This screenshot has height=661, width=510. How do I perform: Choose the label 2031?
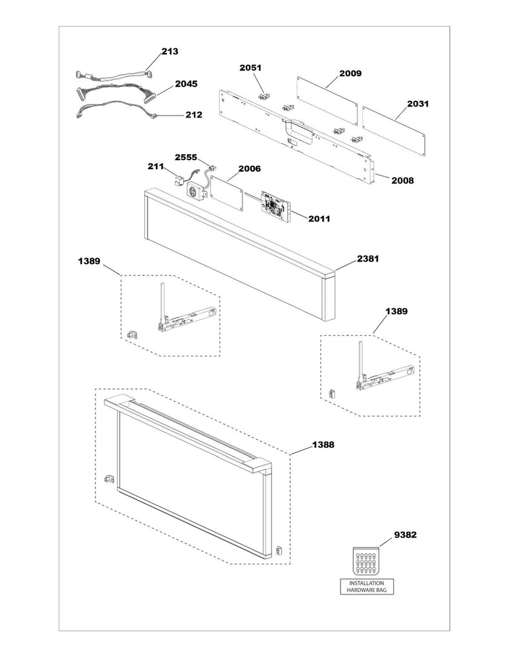pos(418,103)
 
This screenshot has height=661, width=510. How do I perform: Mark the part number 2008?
pos(402,181)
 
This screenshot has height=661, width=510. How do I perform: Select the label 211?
pos(156,167)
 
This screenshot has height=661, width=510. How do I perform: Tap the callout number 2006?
pos(249,168)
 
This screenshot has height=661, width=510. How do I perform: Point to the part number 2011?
pos(319,219)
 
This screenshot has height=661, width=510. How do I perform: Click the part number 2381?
pos(368,259)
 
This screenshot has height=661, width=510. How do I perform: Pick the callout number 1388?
pos(324,445)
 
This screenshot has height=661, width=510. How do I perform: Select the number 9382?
pos(406,535)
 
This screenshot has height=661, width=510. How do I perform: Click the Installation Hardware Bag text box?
pos(366,585)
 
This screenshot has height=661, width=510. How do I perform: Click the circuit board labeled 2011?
pos(276,205)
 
